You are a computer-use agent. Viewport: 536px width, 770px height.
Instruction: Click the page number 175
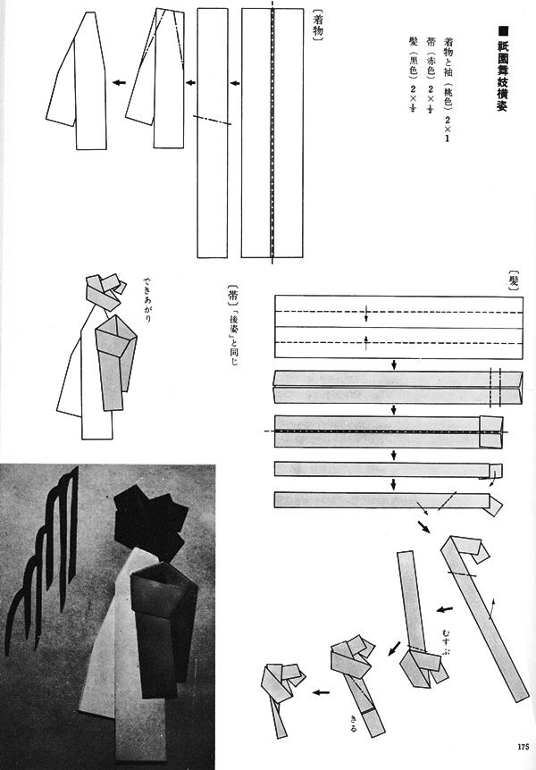click(523, 747)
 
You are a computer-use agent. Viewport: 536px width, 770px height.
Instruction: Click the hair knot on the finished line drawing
click(103, 290)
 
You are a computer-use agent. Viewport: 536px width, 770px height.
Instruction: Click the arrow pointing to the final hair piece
click(317, 690)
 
